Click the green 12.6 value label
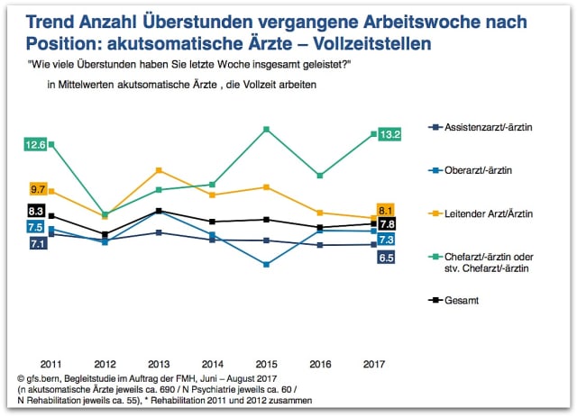(x=35, y=144)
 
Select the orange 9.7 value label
(x=38, y=190)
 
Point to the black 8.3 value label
(x=36, y=210)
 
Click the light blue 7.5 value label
(x=36, y=227)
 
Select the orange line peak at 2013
(x=160, y=170)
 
